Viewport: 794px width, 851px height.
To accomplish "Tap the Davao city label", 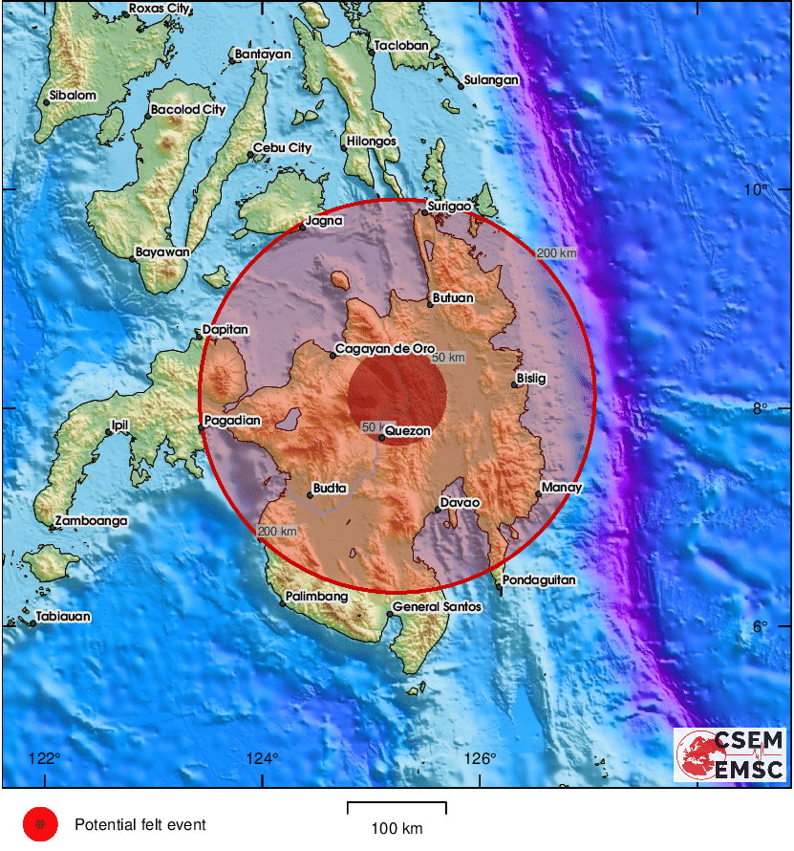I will coord(459,502).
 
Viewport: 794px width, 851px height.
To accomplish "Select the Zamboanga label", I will coord(91,520).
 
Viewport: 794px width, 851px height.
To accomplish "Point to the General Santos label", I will coord(437,607).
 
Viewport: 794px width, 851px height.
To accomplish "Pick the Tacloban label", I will coord(400,45).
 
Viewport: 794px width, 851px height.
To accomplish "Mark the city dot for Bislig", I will coord(513,384).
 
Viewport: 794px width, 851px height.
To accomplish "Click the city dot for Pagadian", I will coord(203,427).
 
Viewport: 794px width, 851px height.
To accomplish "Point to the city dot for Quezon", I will coord(381,437).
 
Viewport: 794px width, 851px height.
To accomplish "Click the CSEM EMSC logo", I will coord(731,755).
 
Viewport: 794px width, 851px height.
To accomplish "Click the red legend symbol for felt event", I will coord(40,824).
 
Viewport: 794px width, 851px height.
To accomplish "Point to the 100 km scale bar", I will coord(396,809).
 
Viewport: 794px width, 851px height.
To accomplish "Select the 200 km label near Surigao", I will coord(556,253).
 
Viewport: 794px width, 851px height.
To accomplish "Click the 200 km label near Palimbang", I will coord(278,532).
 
